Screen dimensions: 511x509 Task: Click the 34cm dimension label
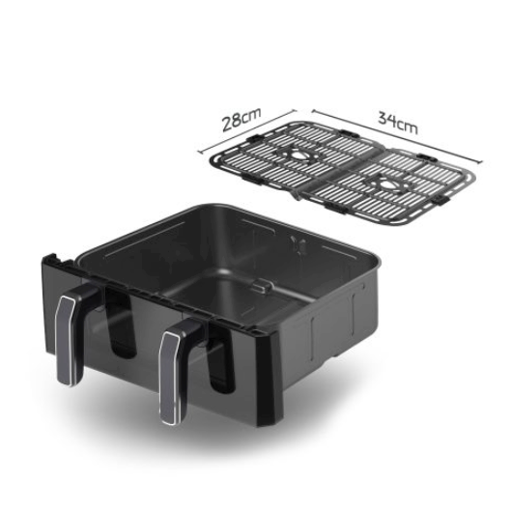coord(398,123)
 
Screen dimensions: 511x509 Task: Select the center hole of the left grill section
coord(298,155)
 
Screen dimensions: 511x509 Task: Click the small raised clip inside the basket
coord(264,286)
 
